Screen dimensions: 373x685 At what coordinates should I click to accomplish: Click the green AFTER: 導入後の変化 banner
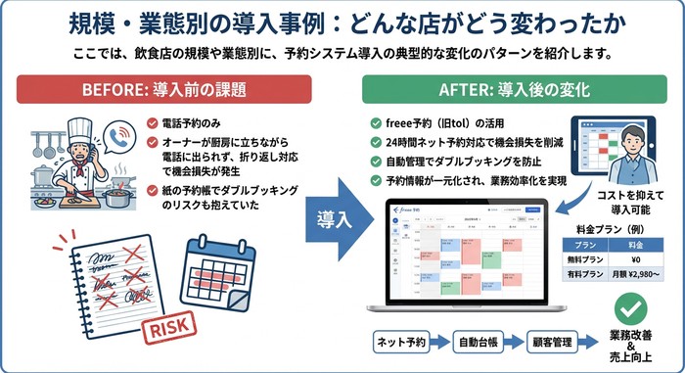pos(514,90)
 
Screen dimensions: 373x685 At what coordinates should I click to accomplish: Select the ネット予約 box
pos(404,343)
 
